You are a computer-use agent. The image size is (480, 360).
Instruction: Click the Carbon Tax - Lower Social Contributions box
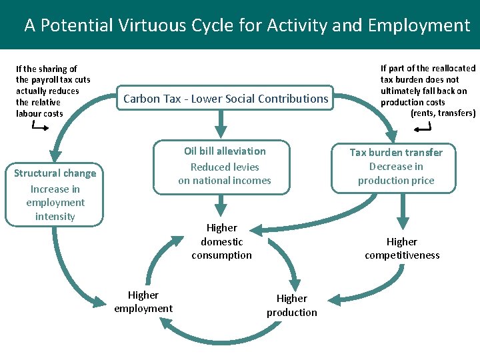click(225, 99)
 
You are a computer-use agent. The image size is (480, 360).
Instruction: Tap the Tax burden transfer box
click(396, 167)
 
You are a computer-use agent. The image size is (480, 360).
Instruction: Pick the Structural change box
click(55, 194)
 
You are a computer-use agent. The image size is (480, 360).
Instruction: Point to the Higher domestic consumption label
click(221, 241)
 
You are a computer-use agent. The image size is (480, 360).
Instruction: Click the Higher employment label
click(143, 301)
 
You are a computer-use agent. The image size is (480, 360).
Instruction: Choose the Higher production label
click(292, 305)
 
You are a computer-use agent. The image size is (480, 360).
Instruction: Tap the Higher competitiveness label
click(402, 248)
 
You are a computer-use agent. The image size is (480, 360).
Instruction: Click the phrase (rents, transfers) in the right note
click(443, 113)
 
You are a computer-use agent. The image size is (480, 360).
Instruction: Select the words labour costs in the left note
click(39, 113)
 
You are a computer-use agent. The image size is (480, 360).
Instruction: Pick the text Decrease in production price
click(396, 173)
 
